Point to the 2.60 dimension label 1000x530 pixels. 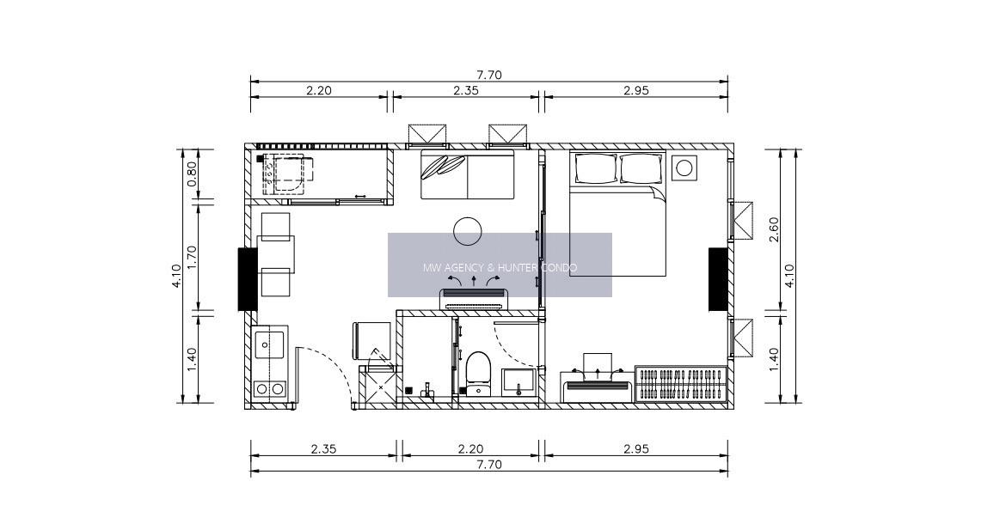pos(774,230)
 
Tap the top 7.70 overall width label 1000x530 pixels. pos(489,75)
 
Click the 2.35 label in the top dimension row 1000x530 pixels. pos(465,90)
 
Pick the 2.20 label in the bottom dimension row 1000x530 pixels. pos(470,449)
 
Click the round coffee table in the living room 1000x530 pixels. pos(467,231)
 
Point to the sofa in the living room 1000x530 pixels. pos(468,174)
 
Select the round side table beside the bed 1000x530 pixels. pos(684,168)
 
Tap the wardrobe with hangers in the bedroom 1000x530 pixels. pos(681,384)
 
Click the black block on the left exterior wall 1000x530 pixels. pos(247,279)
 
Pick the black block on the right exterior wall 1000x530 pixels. pos(718,279)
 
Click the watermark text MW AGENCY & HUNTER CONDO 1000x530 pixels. pos(500,267)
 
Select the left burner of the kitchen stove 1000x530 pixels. pos(261,388)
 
